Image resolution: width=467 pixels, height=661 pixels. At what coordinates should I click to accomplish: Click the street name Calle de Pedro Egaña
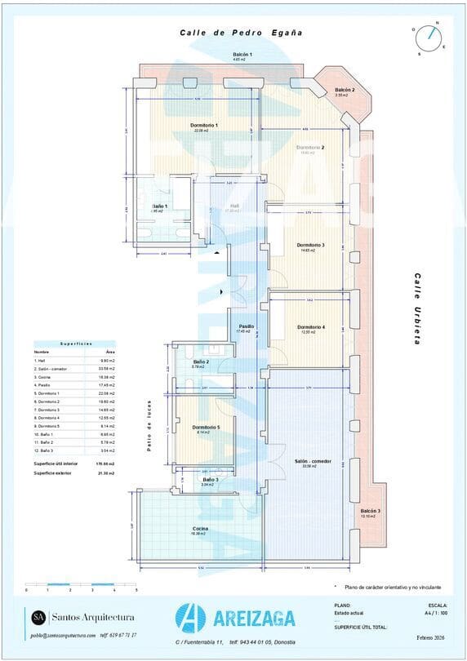241,33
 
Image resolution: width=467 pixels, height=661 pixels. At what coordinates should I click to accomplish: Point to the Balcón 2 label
345,90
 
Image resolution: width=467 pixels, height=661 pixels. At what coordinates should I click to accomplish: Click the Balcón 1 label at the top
242,55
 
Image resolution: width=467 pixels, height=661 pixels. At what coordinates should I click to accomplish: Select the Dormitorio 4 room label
311,327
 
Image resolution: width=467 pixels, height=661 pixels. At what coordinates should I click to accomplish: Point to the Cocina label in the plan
200,529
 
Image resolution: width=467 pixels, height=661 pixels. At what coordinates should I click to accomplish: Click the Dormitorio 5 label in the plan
206,427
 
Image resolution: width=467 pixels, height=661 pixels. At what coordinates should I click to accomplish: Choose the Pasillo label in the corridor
245,326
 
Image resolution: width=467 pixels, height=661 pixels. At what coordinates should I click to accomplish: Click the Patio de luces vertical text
150,430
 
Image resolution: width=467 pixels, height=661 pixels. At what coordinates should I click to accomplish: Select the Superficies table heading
74,344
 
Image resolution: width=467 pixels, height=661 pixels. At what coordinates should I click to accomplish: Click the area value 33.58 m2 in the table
107,369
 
